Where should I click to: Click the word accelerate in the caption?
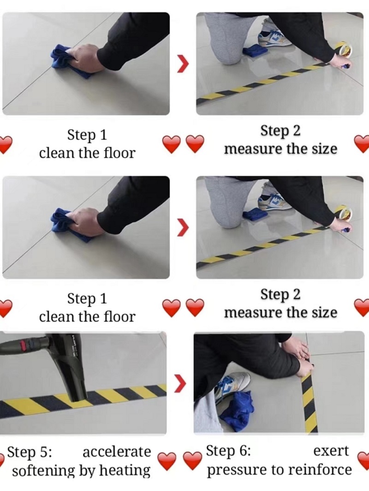(x=116, y=452)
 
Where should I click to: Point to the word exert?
(x=331, y=451)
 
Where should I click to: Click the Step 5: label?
(x=30, y=452)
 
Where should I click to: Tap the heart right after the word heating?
(x=167, y=461)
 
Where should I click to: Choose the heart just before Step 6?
(x=192, y=461)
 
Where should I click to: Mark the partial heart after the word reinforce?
(x=364, y=461)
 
